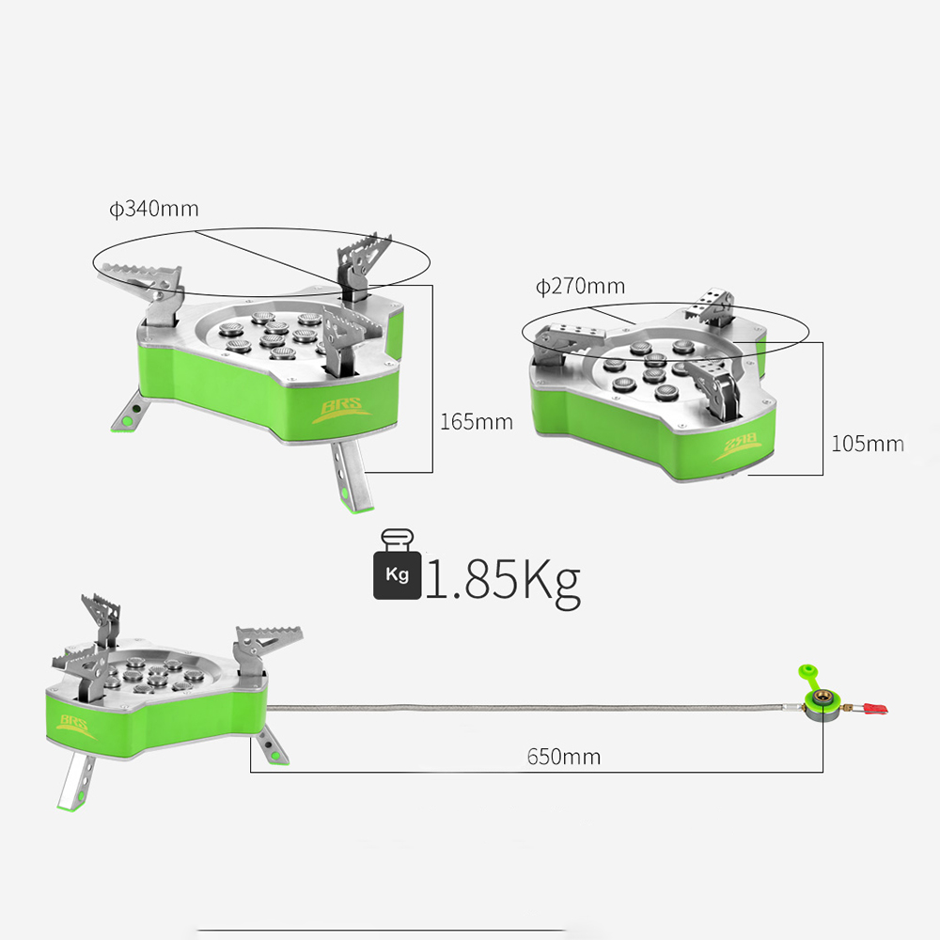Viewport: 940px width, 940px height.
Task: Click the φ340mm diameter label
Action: (153, 209)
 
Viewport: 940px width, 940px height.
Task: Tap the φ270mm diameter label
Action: (580, 286)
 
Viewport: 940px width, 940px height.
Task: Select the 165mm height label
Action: (477, 422)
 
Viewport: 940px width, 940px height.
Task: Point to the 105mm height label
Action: (868, 444)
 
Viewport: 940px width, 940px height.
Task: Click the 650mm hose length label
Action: (563, 757)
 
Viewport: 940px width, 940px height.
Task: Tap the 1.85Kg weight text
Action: (502, 580)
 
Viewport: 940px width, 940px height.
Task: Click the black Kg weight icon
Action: (397, 564)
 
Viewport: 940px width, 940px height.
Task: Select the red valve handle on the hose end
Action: (874, 710)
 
